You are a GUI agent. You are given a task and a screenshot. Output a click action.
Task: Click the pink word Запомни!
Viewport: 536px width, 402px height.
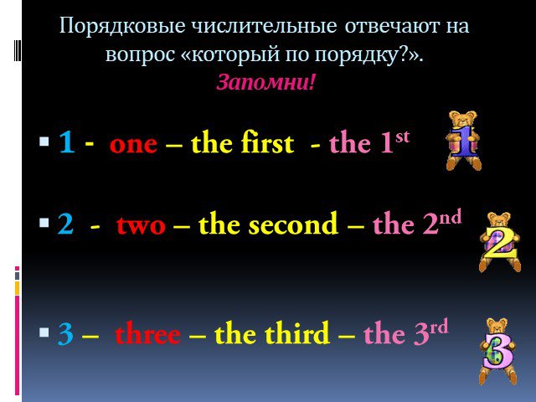(x=265, y=82)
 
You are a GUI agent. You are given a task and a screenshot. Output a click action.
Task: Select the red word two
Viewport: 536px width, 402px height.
(x=141, y=225)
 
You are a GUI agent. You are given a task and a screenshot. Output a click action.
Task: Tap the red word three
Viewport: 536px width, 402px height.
(x=147, y=333)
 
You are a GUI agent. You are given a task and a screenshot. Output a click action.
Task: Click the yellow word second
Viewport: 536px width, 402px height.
(x=293, y=223)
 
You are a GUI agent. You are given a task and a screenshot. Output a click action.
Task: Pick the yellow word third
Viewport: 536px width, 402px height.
(x=297, y=332)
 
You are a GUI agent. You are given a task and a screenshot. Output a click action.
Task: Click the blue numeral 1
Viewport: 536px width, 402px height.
(x=67, y=142)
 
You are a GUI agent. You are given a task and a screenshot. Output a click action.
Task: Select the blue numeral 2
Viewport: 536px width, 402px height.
(x=65, y=224)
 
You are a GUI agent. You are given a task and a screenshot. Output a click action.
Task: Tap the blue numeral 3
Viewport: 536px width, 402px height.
(x=65, y=333)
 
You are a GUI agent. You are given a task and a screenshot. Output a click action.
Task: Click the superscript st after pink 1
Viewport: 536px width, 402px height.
(x=402, y=137)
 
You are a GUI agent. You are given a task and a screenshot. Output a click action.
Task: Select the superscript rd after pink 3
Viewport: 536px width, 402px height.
(x=439, y=327)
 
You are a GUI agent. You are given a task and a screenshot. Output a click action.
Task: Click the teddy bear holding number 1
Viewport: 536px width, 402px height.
(x=463, y=141)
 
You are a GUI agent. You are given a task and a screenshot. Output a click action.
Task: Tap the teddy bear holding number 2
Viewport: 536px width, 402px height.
(x=499, y=242)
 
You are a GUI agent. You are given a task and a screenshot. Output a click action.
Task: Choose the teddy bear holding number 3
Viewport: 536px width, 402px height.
(x=498, y=352)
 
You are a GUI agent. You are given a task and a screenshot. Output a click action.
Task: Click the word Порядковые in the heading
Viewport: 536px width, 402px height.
(x=122, y=26)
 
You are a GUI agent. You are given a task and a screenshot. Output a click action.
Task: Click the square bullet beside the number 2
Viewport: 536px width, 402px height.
(x=44, y=223)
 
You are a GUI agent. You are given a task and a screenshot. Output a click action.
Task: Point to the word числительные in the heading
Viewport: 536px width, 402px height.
(x=264, y=26)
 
